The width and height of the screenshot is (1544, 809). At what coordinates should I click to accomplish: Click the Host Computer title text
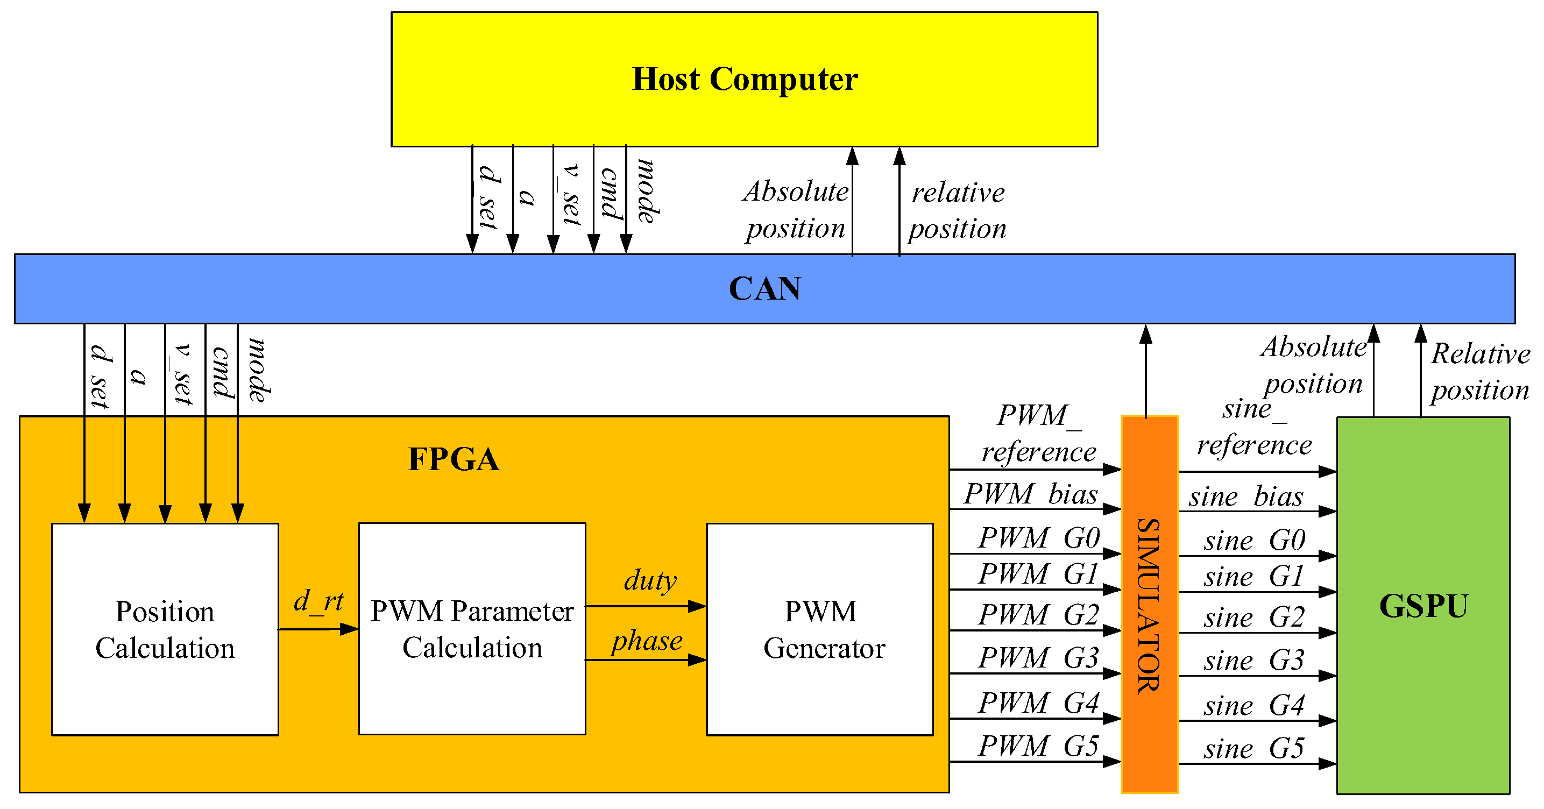coord(745,79)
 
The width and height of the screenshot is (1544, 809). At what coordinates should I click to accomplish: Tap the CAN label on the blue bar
coord(764,289)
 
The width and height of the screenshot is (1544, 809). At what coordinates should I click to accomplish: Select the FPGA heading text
coord(453,459)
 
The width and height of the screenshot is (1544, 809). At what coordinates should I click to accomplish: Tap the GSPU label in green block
coord(1423,606)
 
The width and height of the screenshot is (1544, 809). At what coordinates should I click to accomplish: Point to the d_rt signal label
coord(318,601)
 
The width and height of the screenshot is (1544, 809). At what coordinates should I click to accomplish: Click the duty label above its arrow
coord(650,580)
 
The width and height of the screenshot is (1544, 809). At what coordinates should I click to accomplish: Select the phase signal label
coord(647,641)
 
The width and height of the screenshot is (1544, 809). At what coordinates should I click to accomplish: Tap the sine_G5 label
coord(1253,748)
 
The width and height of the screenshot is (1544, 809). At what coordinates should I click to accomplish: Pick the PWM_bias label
coord(1030,494)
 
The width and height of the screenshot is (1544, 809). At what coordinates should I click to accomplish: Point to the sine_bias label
coord(1245,497)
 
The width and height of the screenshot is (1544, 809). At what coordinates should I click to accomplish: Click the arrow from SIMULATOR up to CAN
coord(1145,372)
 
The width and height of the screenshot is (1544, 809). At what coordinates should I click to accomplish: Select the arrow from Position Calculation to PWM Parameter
coord(318,629)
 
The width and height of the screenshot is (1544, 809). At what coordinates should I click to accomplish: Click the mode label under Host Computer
coord(647,190)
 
